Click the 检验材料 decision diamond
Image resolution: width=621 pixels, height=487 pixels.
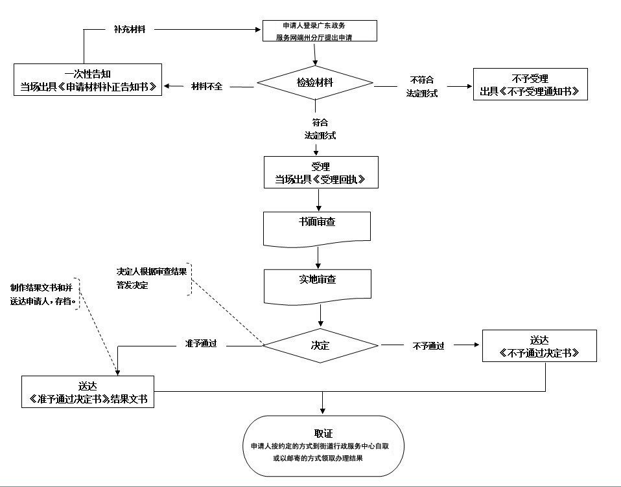click(x=315, y=83)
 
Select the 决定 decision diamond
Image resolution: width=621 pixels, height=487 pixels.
click(x=320, y=345)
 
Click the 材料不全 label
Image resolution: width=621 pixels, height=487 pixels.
click(x=207, y=86)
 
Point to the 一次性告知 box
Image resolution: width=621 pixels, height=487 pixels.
click(x=87, y=80)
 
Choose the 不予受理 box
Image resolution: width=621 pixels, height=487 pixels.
click(x=530, y=84)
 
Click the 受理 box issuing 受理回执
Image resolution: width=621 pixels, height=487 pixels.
click(x=320, y=172)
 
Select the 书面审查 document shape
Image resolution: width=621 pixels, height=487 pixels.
click(x=317, y=227)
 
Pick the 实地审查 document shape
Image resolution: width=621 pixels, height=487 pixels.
click(x=317, y=284)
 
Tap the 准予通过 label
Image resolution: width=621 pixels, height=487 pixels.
click(x=201, y=345)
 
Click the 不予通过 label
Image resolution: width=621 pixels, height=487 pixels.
click(x=428, y=346)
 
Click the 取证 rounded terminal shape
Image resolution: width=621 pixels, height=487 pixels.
click(x=322, y=446)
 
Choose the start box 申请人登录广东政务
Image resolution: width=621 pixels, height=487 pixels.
click(x=320, y=31)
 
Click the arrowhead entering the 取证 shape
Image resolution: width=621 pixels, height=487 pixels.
click(x=322, y=411)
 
